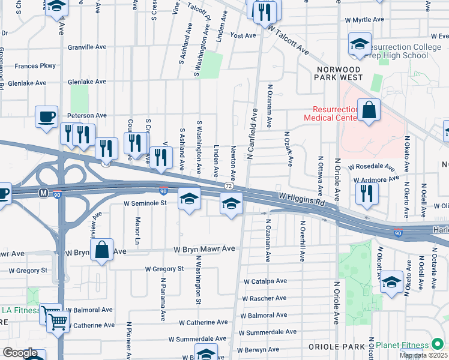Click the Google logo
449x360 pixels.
20,353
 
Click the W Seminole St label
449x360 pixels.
145,203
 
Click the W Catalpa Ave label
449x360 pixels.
265,281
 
